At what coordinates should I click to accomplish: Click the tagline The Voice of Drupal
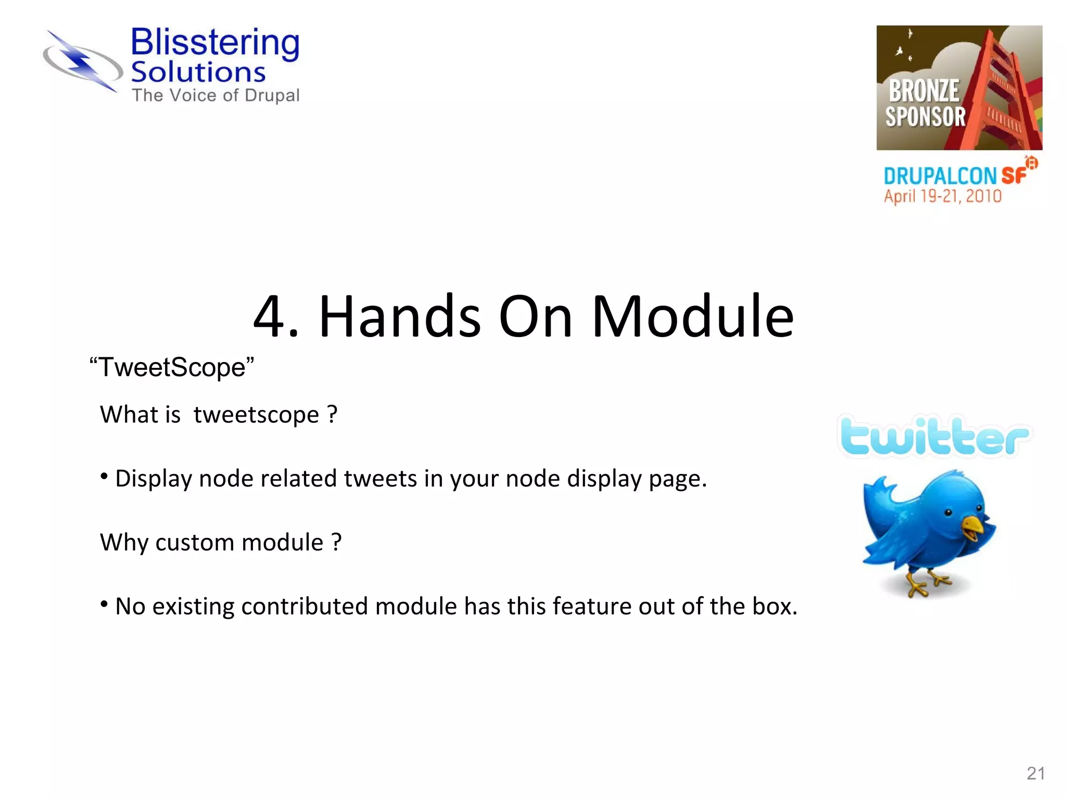click(x=215, y=96)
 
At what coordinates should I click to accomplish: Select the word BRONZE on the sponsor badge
click(x=924, y=91)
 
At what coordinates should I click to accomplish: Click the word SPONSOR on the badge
click(x=925, y=117)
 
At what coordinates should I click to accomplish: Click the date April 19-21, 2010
click(x=943, y=197)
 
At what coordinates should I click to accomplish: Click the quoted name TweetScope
click(x=172, y=367)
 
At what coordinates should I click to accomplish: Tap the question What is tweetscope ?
click(x=219, y=415)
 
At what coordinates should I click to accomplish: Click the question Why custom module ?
click(x=221, y=543)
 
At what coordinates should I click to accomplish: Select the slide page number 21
click(x=1035, y=774)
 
